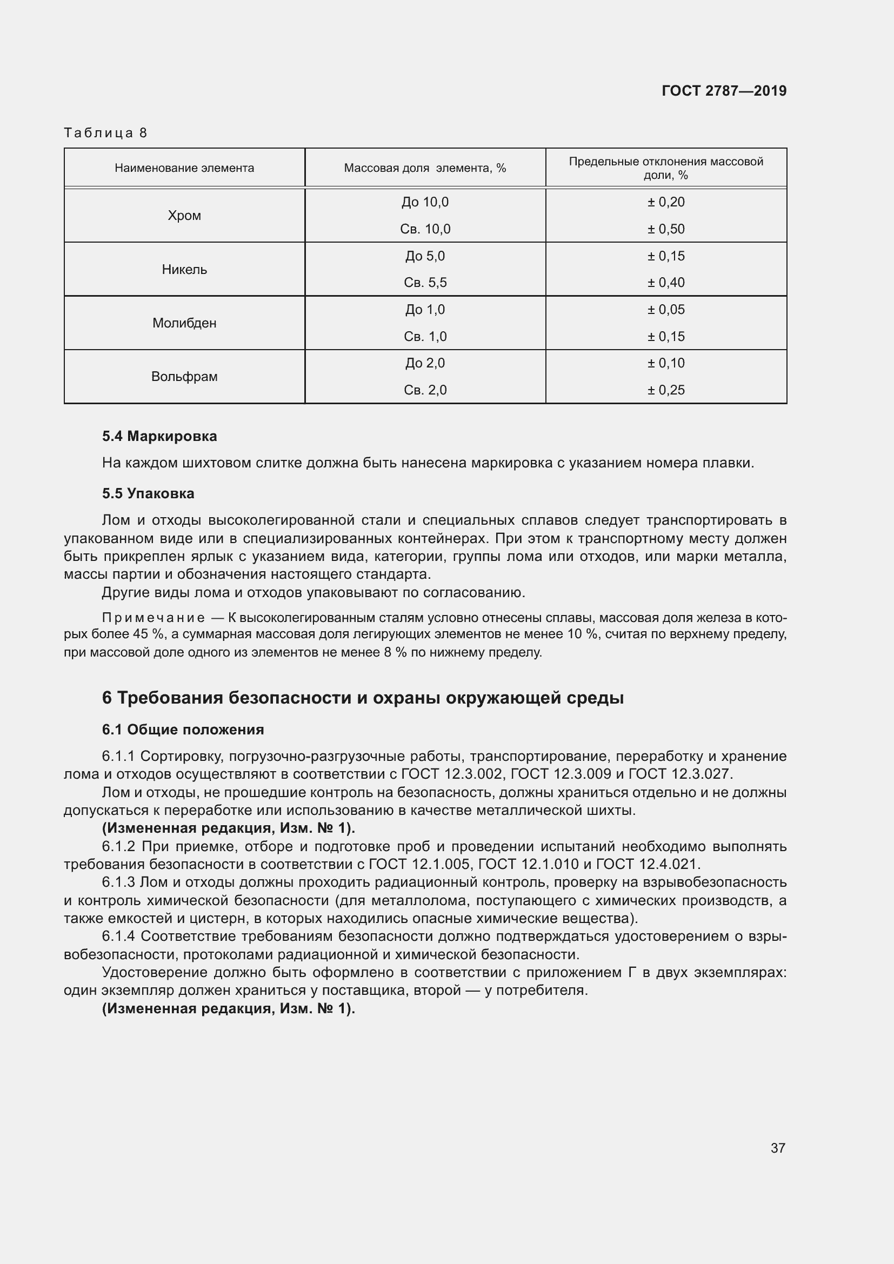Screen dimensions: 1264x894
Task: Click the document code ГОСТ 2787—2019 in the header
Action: (723, 91)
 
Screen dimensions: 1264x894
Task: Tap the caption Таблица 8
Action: (105, 133)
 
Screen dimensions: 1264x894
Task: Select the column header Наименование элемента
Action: (184, 168)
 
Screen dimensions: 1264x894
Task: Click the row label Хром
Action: (184, 215)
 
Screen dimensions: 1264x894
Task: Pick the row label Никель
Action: (184, 269)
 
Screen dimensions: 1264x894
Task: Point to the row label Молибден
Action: (184, 323)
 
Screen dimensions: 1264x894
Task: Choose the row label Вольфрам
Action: (184, 377)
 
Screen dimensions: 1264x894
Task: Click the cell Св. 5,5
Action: (425, 283)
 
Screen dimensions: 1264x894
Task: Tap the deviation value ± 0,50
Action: (665, 229)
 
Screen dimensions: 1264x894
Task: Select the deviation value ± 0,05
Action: (665, 310)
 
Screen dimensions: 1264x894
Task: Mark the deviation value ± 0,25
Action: (665, 390)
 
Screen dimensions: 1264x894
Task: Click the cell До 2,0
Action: (425, 363)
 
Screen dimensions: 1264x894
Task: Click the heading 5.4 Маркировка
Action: (159, 436)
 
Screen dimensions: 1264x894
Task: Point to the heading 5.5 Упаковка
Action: (148, 493)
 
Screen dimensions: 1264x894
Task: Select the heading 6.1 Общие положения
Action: (183, 730)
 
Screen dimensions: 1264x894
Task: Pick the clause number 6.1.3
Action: (118, 882)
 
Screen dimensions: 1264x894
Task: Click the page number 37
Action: (777, 1148)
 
